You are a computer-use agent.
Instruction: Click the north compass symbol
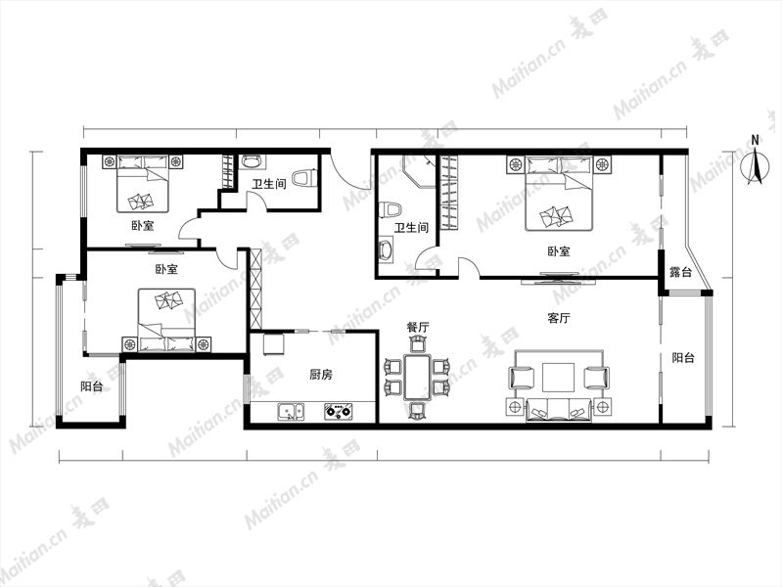click(755, 164)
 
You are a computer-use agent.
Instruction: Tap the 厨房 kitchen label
click(321, 374)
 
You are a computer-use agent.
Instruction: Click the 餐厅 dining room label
click(418, 327)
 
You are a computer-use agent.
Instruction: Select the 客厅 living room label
click(559, 318)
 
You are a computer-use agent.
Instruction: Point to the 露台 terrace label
click(681, 272)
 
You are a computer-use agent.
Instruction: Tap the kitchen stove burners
click(339, 412)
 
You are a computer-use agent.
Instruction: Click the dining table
click(418, 377)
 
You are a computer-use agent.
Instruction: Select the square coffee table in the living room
click(558, 378)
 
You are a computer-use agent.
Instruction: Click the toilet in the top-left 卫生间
click(304, 178)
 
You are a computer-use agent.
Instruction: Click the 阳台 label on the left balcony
click(92, 386)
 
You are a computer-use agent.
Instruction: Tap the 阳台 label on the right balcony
click(683, 358)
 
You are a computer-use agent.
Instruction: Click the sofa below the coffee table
click(559, 410)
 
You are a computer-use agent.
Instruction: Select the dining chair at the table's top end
click(418, 344)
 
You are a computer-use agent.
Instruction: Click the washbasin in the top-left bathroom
click(252, 161)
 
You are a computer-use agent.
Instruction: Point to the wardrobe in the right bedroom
click(449, 193)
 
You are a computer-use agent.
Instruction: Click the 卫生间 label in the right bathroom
click(411, 227)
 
